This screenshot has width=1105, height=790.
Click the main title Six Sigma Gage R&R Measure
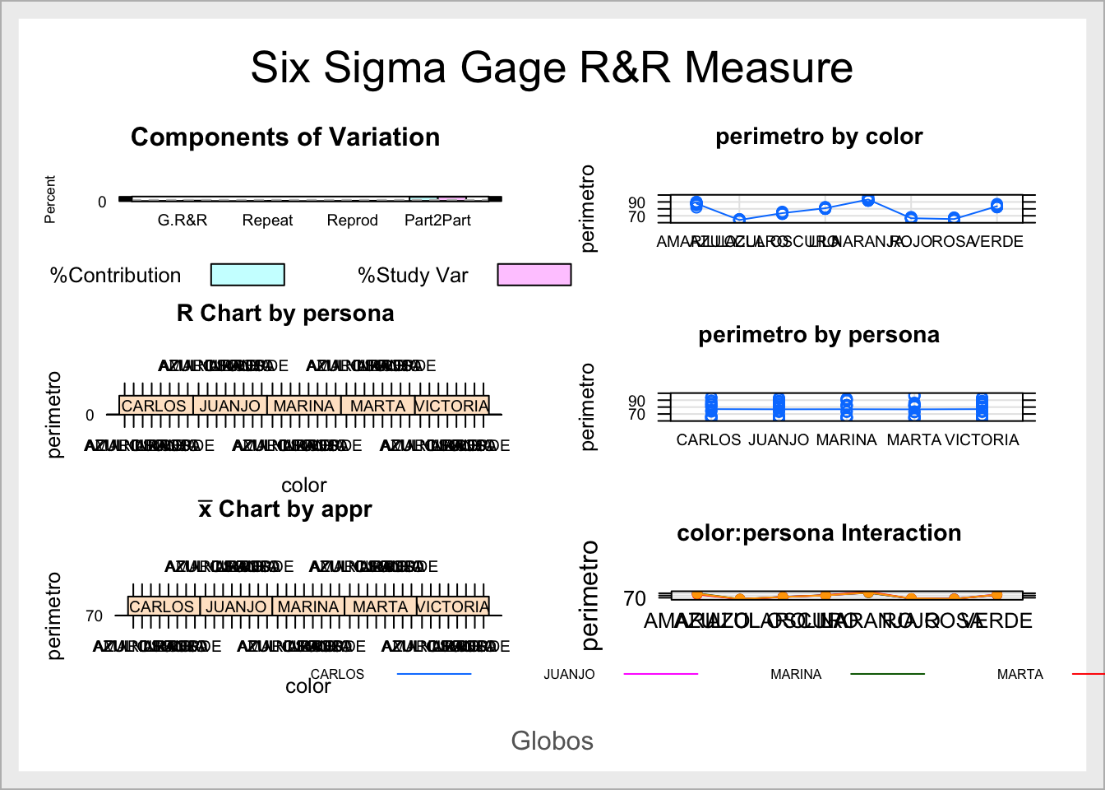(552, 67)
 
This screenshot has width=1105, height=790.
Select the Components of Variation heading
(285, 137)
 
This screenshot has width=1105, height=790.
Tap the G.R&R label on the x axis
(183, 221)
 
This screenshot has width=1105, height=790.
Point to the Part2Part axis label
(437, 221)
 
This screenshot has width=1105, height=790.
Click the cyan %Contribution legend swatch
(247, 275)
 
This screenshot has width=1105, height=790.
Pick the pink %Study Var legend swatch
(534, 275)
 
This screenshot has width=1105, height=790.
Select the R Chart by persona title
(285, 314)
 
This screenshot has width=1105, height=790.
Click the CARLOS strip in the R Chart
(155, 406)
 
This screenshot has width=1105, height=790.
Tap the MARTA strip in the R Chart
(377, 406)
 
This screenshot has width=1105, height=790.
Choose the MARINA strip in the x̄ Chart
(308, 606)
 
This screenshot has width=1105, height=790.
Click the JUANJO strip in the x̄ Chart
(236, 606)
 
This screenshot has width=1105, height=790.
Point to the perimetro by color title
(819, 137)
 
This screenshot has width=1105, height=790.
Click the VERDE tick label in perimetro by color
(997, 242)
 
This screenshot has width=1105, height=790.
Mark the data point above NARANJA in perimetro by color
(868, 200)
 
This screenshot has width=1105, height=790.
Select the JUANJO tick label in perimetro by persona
(779, 440)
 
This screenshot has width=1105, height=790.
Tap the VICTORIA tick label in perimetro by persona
(982, 440)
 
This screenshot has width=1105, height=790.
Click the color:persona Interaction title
(819, 533)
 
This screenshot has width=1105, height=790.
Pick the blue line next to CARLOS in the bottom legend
(434, 674)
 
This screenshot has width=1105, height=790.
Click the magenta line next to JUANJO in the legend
(661, 674)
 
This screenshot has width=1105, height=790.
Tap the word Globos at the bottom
(552, 741)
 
